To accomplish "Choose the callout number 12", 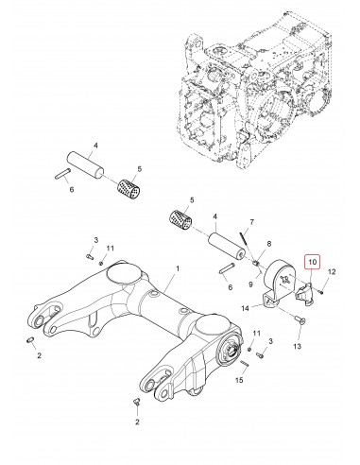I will point(333,273).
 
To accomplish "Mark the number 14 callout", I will point(244,308).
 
